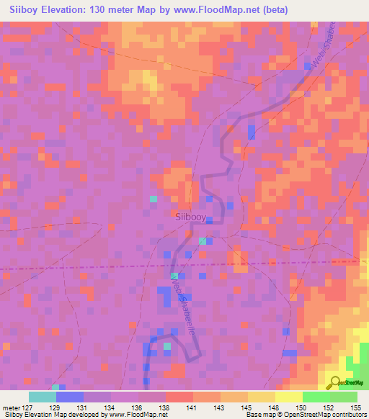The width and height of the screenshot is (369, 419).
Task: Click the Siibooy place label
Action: point(191,215)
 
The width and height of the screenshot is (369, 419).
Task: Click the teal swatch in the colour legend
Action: point(43,397)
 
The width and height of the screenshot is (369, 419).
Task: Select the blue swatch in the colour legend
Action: point(70,397)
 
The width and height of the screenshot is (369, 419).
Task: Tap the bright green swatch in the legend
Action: point(316,397)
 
